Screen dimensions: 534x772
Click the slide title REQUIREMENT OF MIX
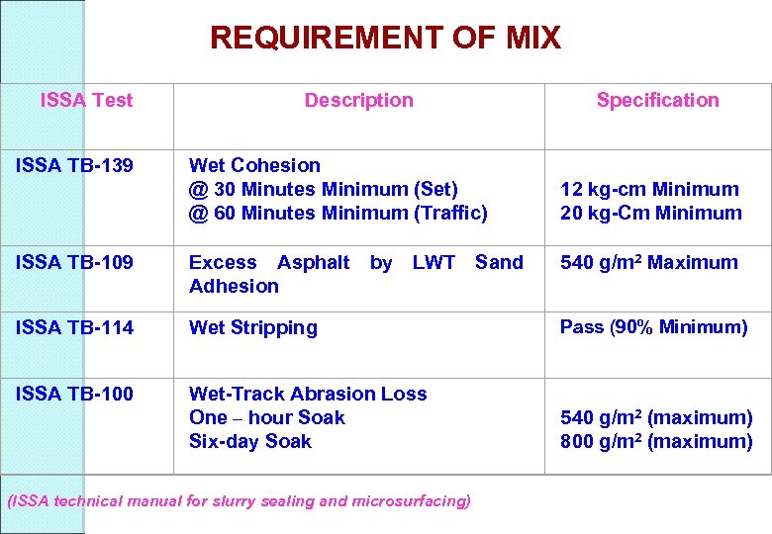[385, 39]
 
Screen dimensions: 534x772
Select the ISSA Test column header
[86, 100]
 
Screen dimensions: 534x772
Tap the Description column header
[358, 100]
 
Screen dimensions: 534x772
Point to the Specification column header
[657, 100]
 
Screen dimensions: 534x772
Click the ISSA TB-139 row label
[74, 165]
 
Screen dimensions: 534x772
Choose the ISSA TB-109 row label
[74, 262]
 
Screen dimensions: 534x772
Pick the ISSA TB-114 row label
[74, 327]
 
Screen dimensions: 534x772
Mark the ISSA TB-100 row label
[74, 394]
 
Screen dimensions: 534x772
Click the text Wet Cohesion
[254, 165]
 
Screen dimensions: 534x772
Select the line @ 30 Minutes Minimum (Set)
[323, 189]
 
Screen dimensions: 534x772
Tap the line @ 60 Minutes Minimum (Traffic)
[338, 213]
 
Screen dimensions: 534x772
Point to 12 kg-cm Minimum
[649, 189]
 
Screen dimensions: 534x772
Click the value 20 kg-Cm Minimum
[650, 213]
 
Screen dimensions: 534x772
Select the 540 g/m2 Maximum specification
[648, 262]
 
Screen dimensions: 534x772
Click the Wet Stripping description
[252, 327]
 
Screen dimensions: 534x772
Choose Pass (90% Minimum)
[653, 326]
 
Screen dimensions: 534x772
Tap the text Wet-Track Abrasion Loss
[308, 394]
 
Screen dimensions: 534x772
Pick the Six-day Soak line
[249, 441]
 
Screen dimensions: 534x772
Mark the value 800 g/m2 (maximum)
[656, 441]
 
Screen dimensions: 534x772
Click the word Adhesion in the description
[234, 286]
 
